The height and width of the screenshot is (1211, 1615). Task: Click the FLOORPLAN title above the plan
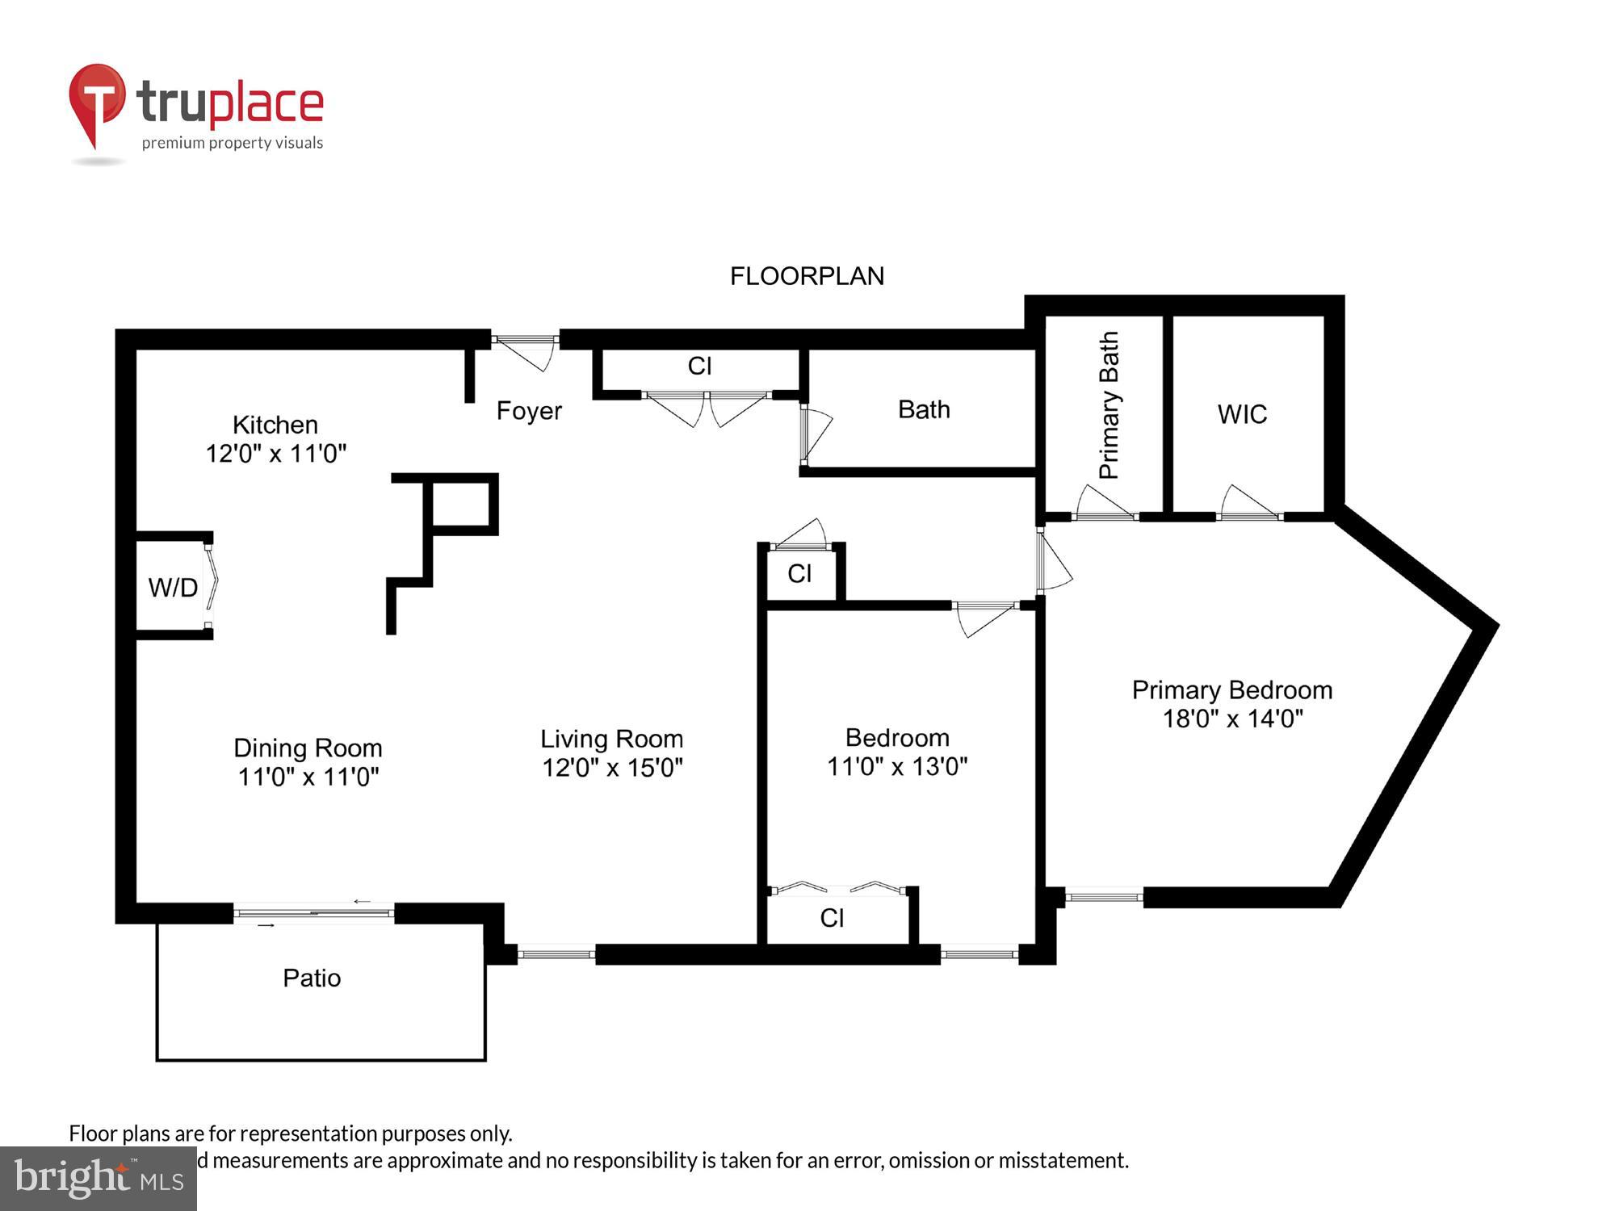click(807, 276)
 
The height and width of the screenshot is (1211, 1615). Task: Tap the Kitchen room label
click(275, 425)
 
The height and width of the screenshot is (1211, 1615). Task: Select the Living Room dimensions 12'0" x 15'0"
click(612, 767)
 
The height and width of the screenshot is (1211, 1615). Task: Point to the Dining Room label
click(308, 748)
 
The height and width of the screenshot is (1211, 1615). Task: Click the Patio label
click(312, 978)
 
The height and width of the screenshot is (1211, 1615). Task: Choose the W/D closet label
click(173, 588)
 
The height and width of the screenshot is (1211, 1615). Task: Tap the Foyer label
click(529, 411)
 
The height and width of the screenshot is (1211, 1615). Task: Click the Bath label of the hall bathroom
click(924, 409)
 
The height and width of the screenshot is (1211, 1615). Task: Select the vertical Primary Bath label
click(1109, 405)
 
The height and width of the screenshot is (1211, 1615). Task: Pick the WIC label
click(1242, 414)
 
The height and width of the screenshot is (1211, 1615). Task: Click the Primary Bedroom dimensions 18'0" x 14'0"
click(1232, 719)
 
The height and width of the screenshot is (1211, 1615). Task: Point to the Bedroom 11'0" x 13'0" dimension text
click(896, 766)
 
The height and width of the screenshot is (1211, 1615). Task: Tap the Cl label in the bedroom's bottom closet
click(832, 918)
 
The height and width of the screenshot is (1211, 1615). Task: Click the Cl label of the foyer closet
click(699, 366)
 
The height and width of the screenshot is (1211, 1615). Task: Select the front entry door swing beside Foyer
click(525, 350)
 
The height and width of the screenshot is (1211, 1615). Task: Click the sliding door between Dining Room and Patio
click(313, 913)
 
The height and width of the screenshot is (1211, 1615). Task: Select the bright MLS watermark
click(99, 1179)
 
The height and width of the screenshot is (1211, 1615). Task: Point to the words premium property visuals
click(233, 143)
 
